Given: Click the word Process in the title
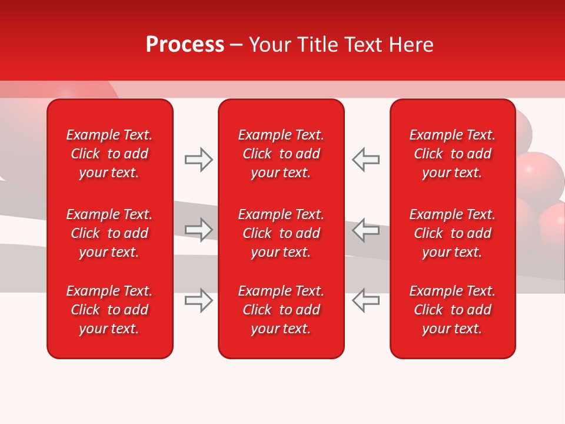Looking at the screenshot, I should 185,45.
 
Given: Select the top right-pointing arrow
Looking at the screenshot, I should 199,160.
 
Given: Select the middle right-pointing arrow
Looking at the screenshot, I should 199,230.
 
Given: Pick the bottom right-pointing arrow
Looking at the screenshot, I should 199,300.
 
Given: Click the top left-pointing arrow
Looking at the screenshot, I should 365,160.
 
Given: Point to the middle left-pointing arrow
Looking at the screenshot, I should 365,230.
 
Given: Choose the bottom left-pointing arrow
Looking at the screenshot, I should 365,300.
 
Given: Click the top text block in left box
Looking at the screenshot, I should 109,154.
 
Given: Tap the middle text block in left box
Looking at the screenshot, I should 109,233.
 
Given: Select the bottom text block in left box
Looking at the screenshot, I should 109,310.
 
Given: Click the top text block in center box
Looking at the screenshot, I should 281,154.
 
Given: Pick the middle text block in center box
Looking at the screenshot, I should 281,233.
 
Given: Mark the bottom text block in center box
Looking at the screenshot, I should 281,310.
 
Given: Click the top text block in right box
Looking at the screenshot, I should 453,154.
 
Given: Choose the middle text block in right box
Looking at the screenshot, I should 453,233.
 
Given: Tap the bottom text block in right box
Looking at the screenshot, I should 453,310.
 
